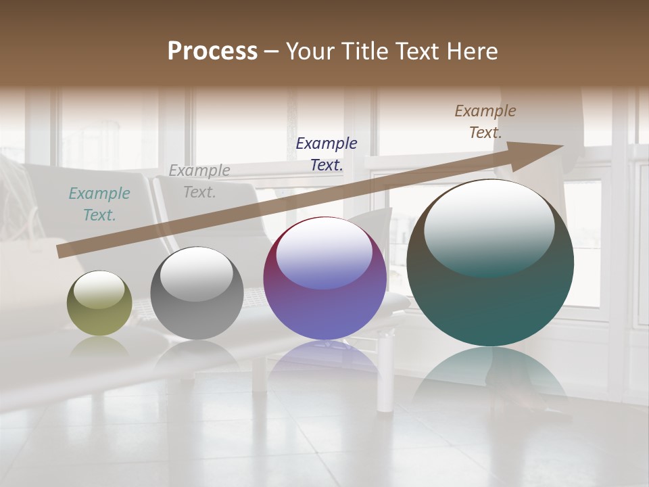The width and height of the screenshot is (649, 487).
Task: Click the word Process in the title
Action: tap(212, 51)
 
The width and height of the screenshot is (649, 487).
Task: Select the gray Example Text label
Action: tap(199, 181)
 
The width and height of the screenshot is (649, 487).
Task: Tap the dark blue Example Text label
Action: tap(327, 154)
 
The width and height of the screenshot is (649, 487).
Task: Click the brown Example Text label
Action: tap(485, 122)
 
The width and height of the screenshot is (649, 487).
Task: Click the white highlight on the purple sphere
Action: tap(324, 252)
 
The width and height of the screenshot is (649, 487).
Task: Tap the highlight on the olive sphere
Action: tap(99, 289)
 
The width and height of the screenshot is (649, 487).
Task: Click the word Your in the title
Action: tap(312, 51)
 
